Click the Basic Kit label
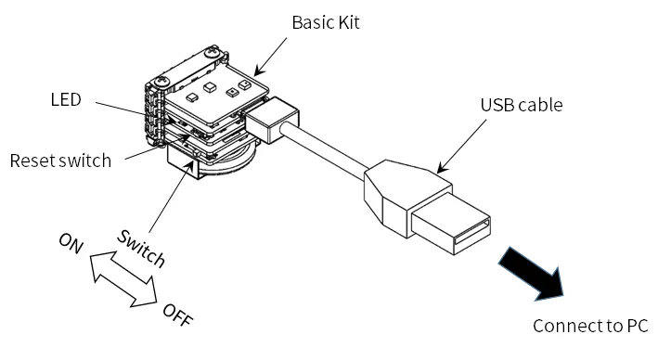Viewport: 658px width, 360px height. pyautogui.click(x=326, y=22)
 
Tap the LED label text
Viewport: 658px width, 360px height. pyautogui.click(x=66, y=100)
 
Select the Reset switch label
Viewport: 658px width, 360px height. pyautogui.click(x=60, y=161)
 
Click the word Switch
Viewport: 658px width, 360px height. pyautogui.click(x=141, y=249)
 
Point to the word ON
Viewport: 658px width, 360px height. pyautogui.click(x=71, y=243)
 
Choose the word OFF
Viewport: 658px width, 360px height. pyautogui.click(x=178, y=315)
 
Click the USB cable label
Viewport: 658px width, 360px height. pyautogui.click(x=522, y=105)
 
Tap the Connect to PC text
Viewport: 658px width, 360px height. pyautogui.click(x=590, y=326)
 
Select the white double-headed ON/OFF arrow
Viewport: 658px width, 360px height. pyautogui.click(x=123, y=278)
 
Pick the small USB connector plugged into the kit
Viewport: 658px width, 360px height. pyautogui.click(x=272, y=119)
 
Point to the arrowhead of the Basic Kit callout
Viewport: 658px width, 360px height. pyautogui.click(x=258, y=71)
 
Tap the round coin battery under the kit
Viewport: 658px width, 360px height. pyautogui.click(x=226, y=161)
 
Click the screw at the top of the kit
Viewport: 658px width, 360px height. pyautogui.click(x=212, y=52)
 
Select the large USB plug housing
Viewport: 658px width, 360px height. pyautogui.click(x=407, y=198)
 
